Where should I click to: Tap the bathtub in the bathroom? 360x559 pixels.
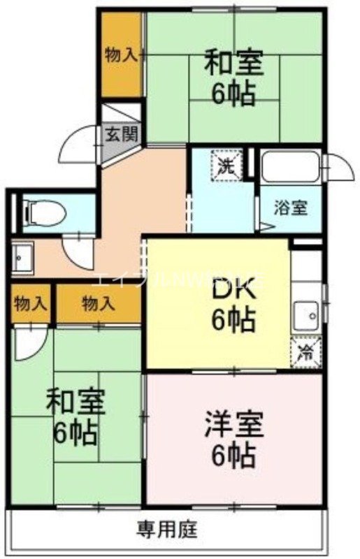(x=289, y=167)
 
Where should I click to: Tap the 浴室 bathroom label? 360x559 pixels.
(x=287, y=208)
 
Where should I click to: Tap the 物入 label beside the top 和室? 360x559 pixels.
(x=120, y=55)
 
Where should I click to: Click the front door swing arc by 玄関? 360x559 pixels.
(x=78, y=144)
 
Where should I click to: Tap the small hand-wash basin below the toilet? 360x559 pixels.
(x=22, y=256)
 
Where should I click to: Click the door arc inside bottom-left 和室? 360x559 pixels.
(x=31, y=341)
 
